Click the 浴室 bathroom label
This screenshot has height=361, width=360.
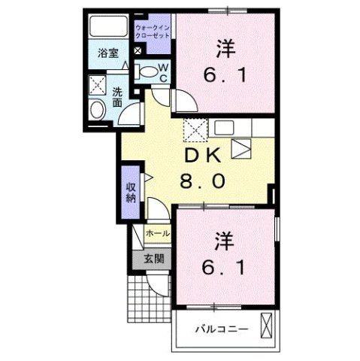[x=109, y=53]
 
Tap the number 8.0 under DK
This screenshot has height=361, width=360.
[x=201, y=181]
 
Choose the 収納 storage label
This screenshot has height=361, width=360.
[x=129, y=193]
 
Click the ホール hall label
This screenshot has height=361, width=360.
[x=158, y=235]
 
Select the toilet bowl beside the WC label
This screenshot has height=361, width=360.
[x=150, y=73]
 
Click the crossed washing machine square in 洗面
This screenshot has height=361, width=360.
[x=97, y=85]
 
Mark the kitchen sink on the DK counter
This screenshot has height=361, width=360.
[x=242, y=148]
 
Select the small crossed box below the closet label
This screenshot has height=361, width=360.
[x=138, y=51]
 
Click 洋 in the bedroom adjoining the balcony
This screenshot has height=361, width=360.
[x=224, y=242]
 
